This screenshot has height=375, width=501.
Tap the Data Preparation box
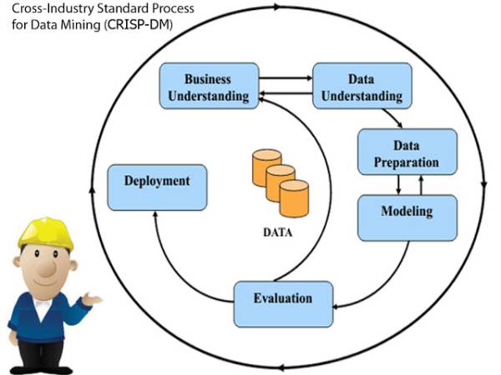(407, 151)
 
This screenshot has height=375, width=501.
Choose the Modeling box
(407, 211)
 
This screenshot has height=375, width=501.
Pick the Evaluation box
(283, 298)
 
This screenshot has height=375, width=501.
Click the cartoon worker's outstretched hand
(92, 297)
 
